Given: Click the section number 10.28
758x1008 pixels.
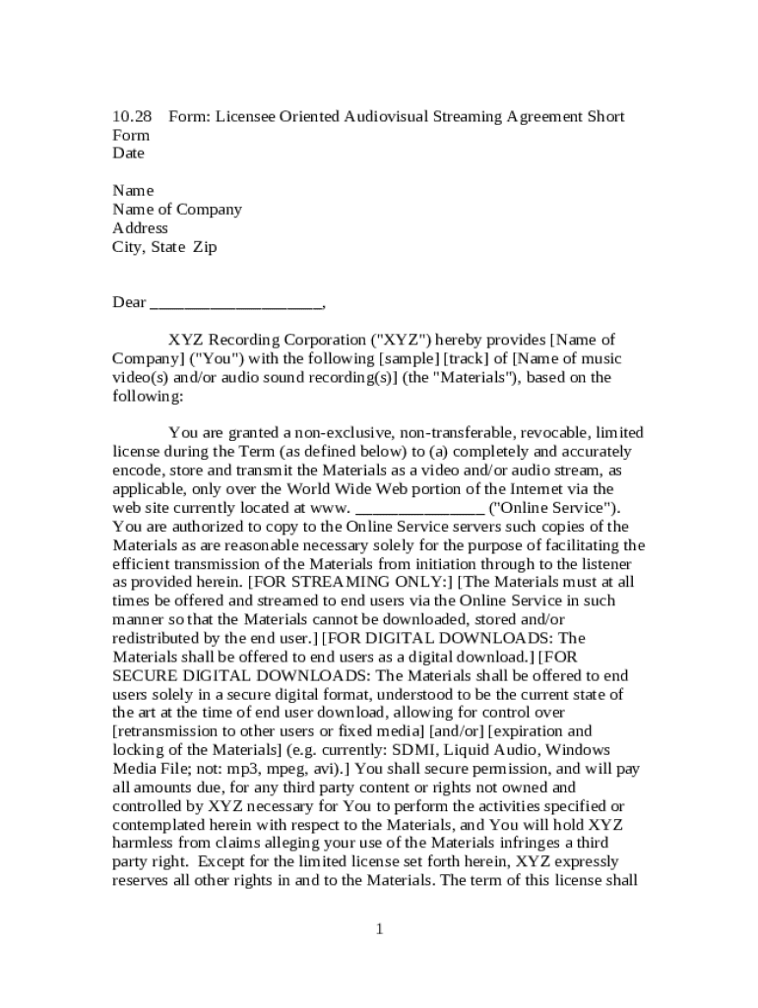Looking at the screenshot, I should pos(132,116).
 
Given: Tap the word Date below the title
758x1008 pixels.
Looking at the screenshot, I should pos(128,154).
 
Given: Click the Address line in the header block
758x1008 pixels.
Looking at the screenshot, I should pos(140,228).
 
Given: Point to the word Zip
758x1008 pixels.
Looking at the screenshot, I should pos(204,247).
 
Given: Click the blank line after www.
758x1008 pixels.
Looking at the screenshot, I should pos(419,508).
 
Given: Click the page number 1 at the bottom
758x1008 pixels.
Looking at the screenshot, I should pos(379,929).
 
